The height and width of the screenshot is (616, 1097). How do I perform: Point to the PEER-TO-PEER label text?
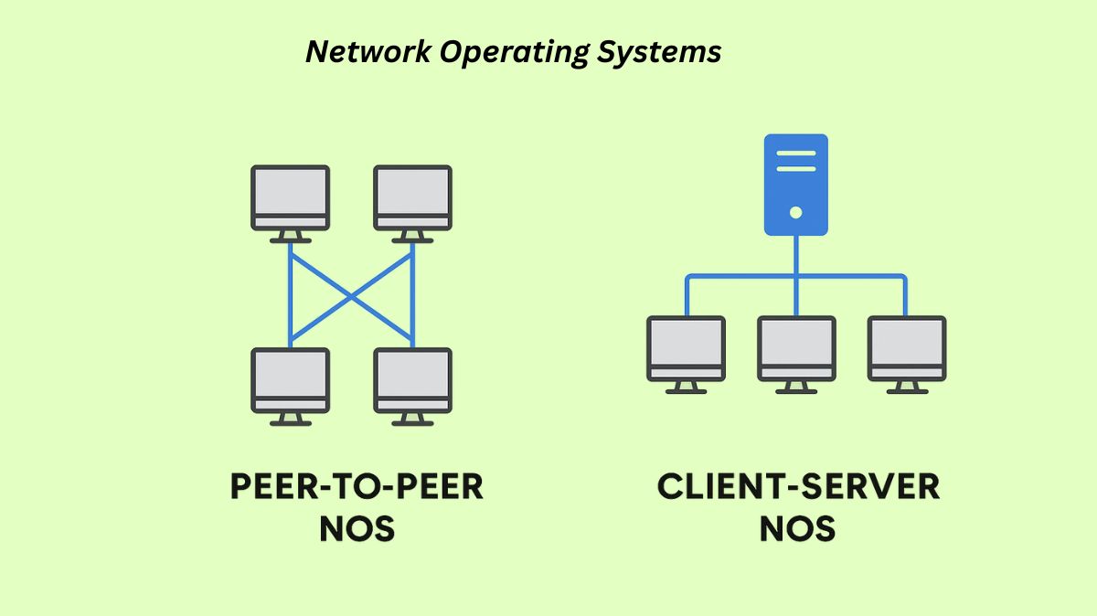point(357,487)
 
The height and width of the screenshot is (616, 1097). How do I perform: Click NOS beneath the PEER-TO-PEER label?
point(357,528)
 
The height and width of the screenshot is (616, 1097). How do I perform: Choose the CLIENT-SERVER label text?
point(798,487)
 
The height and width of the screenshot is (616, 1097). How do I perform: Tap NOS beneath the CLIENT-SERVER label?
point(797,528)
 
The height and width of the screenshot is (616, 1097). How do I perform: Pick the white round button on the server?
point(795,212)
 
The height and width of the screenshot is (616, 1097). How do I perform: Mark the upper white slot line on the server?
point(795,154)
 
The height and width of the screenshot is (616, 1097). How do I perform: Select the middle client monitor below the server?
point(796,349)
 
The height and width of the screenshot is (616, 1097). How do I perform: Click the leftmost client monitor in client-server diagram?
point(686,349)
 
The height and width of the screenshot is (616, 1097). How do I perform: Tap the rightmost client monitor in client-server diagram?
point(907,349)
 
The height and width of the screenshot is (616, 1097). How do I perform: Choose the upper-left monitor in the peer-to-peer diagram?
point(290,198)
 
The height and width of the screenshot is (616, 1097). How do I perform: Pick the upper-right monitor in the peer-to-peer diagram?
point(412,198)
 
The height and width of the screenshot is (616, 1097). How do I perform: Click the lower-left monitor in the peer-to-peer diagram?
point(290,381)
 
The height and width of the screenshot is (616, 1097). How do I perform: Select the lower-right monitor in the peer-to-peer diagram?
point(412,381)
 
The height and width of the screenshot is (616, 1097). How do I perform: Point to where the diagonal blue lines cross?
point(351,295)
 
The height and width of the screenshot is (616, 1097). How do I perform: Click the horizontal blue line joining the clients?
point(740,276)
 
